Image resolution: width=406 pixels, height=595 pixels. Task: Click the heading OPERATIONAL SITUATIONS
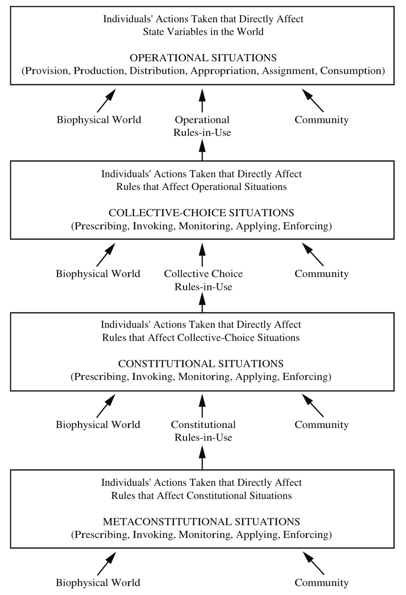203,58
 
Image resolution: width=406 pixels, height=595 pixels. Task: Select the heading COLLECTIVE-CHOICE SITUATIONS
201,213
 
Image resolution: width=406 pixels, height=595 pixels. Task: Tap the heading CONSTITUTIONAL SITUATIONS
201,364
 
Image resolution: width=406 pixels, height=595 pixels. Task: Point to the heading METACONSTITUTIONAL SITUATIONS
201,522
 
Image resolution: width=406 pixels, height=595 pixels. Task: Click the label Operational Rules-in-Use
202,126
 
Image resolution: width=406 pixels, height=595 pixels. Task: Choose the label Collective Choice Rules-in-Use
203,280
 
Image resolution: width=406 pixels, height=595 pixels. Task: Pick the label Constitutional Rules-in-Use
203,431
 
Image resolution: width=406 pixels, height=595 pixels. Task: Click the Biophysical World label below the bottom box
98,583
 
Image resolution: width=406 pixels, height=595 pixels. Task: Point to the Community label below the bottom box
321,583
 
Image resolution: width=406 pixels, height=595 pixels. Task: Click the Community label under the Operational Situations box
321,120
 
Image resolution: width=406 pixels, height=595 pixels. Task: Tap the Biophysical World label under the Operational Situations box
99,120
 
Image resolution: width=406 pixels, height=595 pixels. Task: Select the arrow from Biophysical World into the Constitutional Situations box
106,406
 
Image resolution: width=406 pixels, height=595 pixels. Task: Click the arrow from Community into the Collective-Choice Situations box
313,254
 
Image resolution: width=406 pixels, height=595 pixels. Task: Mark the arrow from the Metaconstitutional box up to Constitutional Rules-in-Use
202,457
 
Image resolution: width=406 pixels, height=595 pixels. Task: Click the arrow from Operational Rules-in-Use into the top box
202,100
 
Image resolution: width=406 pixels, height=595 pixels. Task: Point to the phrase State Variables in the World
203,32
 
